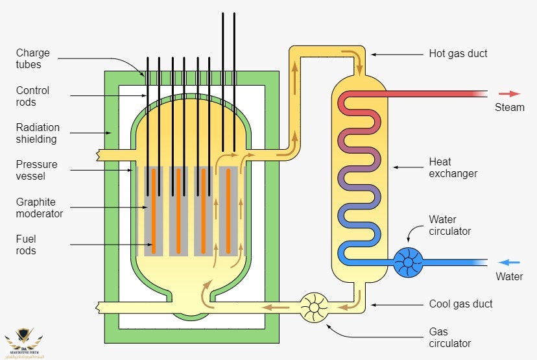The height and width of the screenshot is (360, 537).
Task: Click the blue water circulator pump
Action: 407,262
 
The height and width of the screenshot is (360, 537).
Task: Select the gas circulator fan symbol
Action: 315,307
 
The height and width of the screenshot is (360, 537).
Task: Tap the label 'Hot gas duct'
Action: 458,53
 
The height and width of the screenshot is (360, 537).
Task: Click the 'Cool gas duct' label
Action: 460,304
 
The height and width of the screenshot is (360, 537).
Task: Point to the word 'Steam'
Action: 509,107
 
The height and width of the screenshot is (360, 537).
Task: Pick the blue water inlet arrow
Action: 509,262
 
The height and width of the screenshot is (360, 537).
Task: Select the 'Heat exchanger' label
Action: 453,167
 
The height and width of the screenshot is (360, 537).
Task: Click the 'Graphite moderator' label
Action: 40,208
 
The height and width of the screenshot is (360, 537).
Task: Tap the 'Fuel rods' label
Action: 26,245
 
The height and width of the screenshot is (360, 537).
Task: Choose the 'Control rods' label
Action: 32,96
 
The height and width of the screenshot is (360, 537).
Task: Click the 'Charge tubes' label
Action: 32,59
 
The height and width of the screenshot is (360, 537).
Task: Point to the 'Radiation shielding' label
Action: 38,133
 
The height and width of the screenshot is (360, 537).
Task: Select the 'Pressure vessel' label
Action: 37,170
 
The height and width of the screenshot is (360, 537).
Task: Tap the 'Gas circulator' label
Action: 450,337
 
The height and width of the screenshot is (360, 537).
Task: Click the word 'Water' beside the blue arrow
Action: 509,277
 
